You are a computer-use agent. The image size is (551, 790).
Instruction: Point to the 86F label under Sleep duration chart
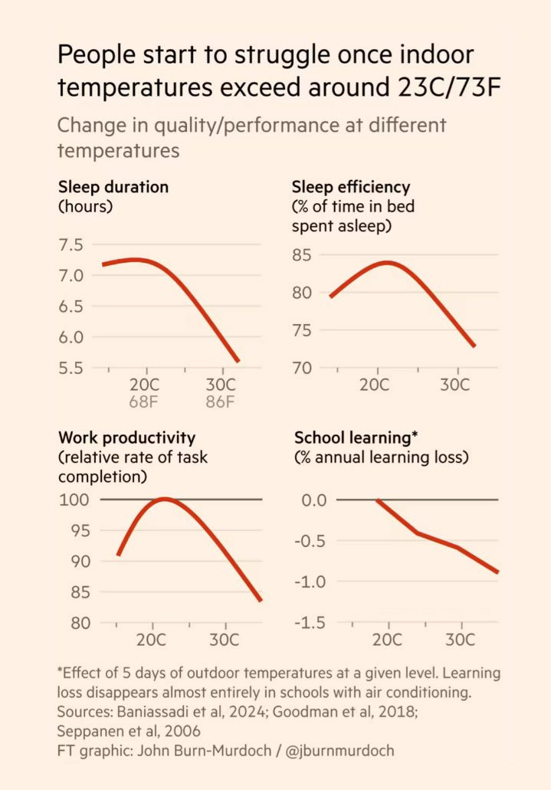click(x=219, y=402)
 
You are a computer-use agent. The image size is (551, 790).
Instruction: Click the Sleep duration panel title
click(x=113, y=187)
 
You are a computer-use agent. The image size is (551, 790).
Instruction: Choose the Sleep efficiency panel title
click(x=351, y=187)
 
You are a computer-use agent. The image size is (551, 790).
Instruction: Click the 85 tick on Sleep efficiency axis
click(x=304, y=255)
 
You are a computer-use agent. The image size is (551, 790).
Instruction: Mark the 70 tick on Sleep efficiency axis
click(x=304, y=368)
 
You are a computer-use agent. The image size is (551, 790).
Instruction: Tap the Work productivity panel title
click(x=126, y=438)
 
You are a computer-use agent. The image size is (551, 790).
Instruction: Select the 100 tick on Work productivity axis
click(x=74, y=500)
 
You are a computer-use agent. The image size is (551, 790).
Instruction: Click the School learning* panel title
click(x=356, y=438)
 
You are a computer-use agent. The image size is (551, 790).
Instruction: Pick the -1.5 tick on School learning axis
click(x=309, y=623)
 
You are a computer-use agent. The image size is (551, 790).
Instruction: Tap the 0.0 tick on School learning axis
click(x=310, y=500)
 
